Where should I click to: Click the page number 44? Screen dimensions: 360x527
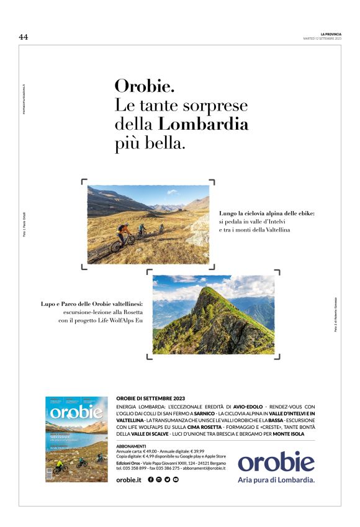click(x=24, y=37)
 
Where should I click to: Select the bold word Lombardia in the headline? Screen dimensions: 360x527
click(x=204, y=124)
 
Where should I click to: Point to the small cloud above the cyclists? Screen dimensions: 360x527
click(x=171, y=192)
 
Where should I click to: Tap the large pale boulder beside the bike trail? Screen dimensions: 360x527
click(x=200, y=232)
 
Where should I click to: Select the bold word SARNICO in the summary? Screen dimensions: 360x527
click(x=204, y=413)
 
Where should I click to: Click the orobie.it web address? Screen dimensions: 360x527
click(x=129, y=480)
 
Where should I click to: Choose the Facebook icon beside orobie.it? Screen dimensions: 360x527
click(x=151, y=480)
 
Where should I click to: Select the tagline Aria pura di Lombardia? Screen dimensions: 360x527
click(x=276, y=480)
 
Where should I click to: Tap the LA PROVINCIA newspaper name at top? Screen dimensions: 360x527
click(x=331, y=34)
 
